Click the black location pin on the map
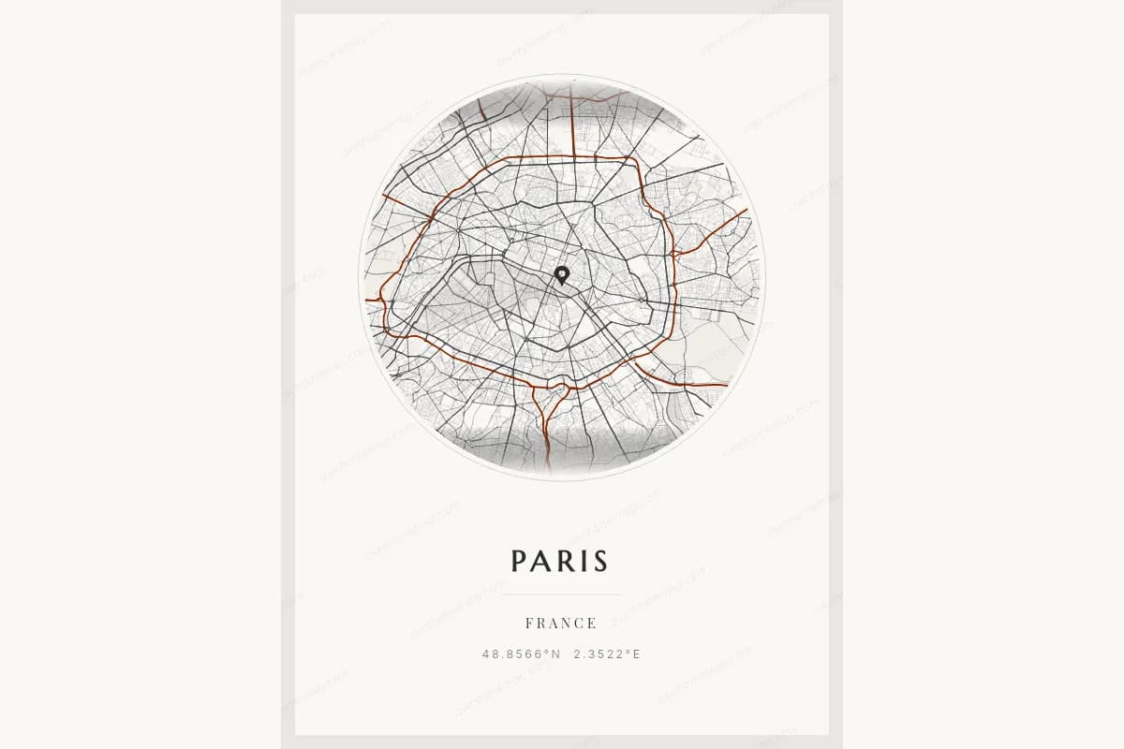click(x=562, y=274)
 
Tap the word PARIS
click(x=560, y=561)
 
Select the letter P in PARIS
click(x=521, y=561)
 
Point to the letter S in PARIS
click(x=599, y=561)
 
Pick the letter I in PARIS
click(x=580, y=561)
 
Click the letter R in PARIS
click(x=564, y=561)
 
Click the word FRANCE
click(x=561, y=624)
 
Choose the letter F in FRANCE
click(x=530, y=624)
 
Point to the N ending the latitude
click(x=555, y=654)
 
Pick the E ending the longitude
click(x=637, y=654)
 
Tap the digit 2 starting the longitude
click(x=578, y=654)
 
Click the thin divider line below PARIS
click(x=561, y=595)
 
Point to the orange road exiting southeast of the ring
click(x=693, y=384)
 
